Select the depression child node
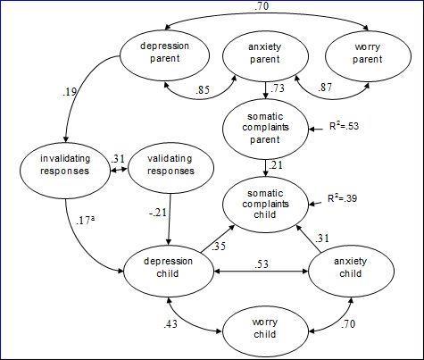coord(168,264)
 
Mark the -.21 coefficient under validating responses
coord(159,211)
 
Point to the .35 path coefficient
coord(220,245)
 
